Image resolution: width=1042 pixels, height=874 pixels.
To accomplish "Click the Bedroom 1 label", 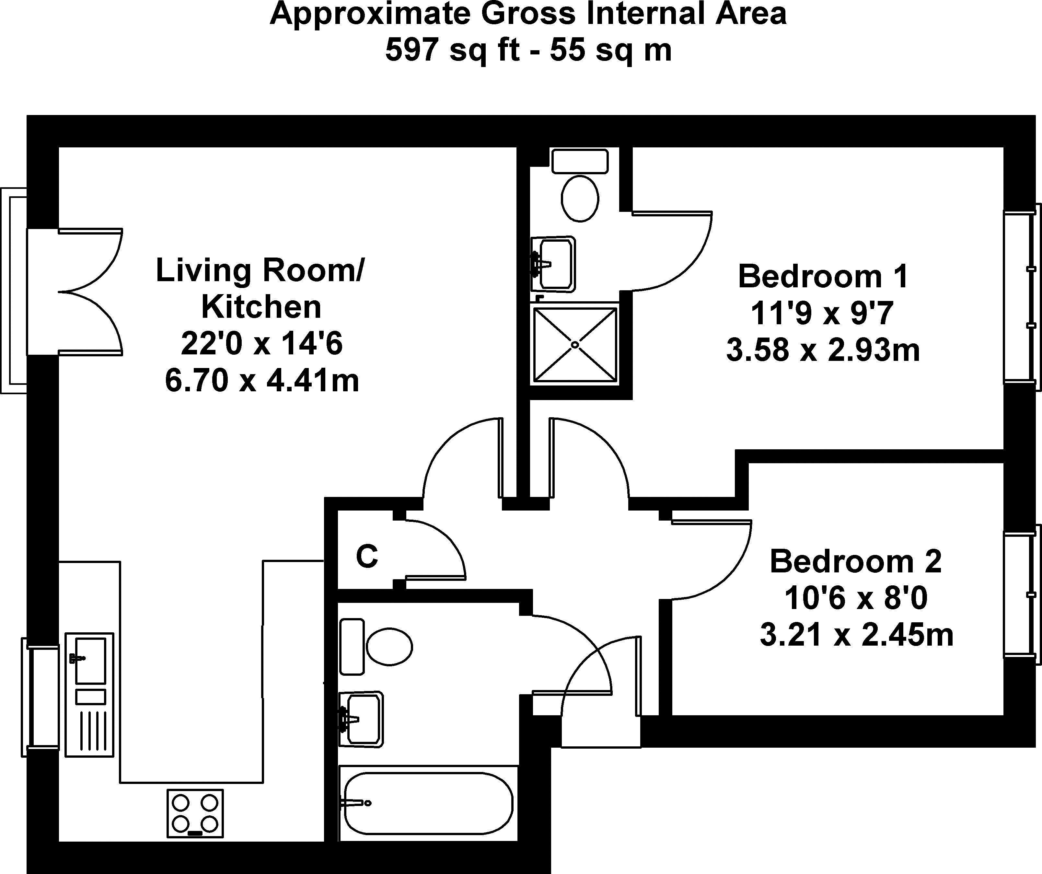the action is pos(823,276).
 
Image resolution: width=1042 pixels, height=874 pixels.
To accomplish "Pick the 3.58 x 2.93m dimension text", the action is pos(823,350).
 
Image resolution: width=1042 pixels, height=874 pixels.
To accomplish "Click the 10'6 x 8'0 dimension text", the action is pos(856,598).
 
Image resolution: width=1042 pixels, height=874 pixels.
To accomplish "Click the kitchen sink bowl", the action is pos(90,661).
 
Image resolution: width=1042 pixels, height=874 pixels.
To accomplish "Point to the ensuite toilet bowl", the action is pos(580,198).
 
